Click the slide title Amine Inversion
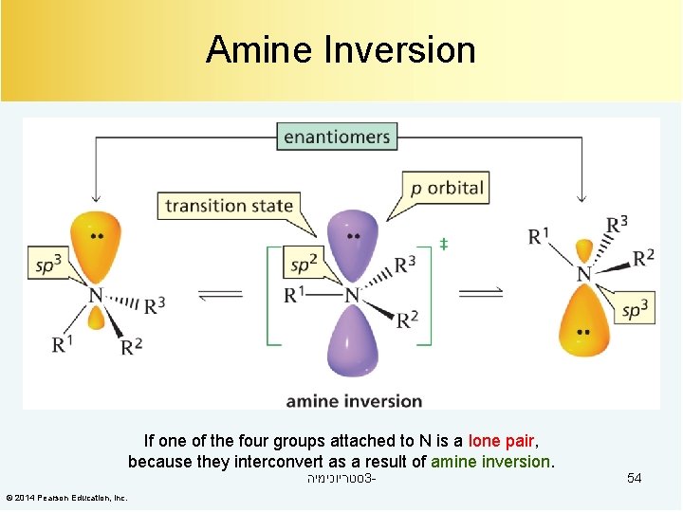pos(341,49)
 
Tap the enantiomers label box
pos(337,137)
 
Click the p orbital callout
pos(448,187)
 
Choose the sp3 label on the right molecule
pos(634,309)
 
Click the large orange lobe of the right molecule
pos(584,319)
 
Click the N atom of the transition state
pos(352,296)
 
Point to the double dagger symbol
pos(443,245)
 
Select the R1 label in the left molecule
pos(63,342)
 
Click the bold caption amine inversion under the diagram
pos(354,400)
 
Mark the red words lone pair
pos(502,441)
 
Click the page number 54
pos(634,479)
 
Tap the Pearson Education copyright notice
pos(67,498)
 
